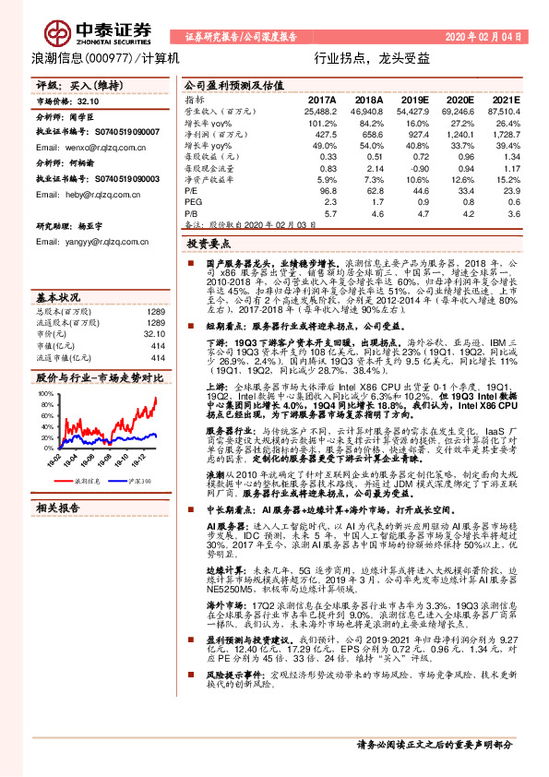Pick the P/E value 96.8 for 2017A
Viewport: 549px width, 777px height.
tap(325, 189)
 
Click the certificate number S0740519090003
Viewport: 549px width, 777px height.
tap(116, 177)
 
